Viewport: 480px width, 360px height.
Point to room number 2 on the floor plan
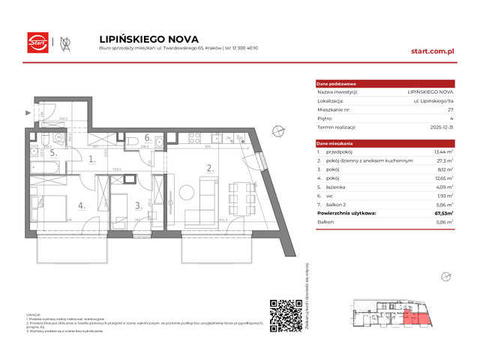[x=211, y=168]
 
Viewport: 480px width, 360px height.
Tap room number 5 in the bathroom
[x=53, y=154]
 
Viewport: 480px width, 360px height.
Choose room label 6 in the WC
[x=148, y=137]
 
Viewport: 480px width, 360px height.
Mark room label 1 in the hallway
[x=90, y=159]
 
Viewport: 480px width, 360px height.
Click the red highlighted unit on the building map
[x=414, y=319]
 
